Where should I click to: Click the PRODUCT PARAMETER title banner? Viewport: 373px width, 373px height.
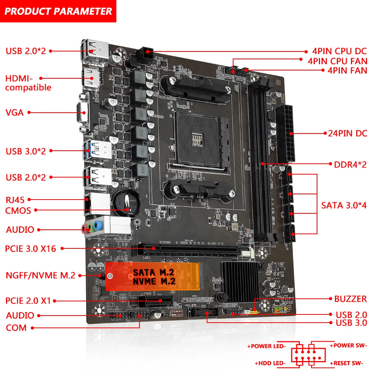pos(58,11)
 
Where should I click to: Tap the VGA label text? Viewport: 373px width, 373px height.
pos(15,112)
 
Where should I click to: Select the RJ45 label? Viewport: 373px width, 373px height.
pos(15,200)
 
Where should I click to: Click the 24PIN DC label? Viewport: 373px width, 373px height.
pos(348,133)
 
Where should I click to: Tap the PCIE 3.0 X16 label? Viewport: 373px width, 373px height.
pos(31,248)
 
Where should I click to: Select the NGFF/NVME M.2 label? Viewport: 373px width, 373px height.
pos(41,276)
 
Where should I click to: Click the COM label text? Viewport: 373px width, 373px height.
pos(16,328)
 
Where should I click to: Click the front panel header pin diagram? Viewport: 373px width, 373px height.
pos(306,354)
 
